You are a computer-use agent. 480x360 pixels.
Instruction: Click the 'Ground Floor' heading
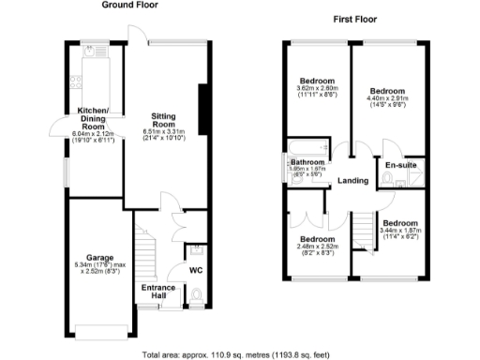point(129,6)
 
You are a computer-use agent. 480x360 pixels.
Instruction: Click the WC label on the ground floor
point(196,271)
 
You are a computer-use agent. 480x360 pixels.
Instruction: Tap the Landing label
point(352,180)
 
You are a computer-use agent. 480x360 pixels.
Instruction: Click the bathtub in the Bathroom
point(306,146)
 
